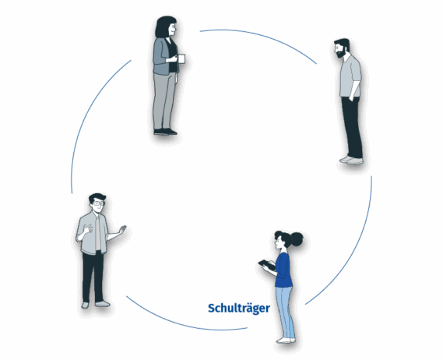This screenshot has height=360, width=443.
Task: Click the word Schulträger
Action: pos(239,309)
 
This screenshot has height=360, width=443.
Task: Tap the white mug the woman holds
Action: pos(181,58)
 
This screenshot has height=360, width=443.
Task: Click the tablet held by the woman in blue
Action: pos(266,265)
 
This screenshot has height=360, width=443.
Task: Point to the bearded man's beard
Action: pos(341,53)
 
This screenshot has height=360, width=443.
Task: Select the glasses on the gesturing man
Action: pos(99,203)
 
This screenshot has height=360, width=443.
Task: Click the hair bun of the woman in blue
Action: pos(297,239)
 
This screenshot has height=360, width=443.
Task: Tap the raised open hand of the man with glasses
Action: pos(122,229)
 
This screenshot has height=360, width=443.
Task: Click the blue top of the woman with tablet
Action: pos(283,270)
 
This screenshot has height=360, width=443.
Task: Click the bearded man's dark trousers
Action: pos(352,127)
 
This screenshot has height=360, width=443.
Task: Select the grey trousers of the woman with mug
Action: pos(163,101)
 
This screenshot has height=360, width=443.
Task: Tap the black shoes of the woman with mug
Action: pos(165,132)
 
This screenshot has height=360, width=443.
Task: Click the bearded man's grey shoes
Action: pos(351,160)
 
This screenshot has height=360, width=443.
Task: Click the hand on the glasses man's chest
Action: pos(89,228)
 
